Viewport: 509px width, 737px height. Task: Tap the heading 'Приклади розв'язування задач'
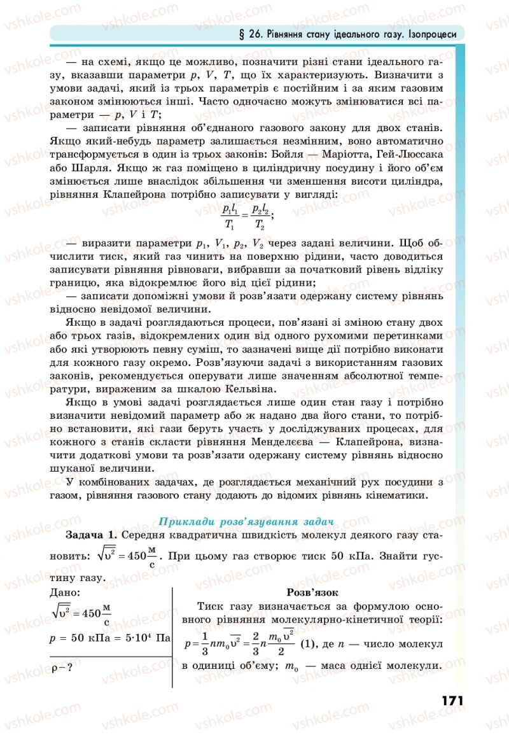[246, 521]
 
